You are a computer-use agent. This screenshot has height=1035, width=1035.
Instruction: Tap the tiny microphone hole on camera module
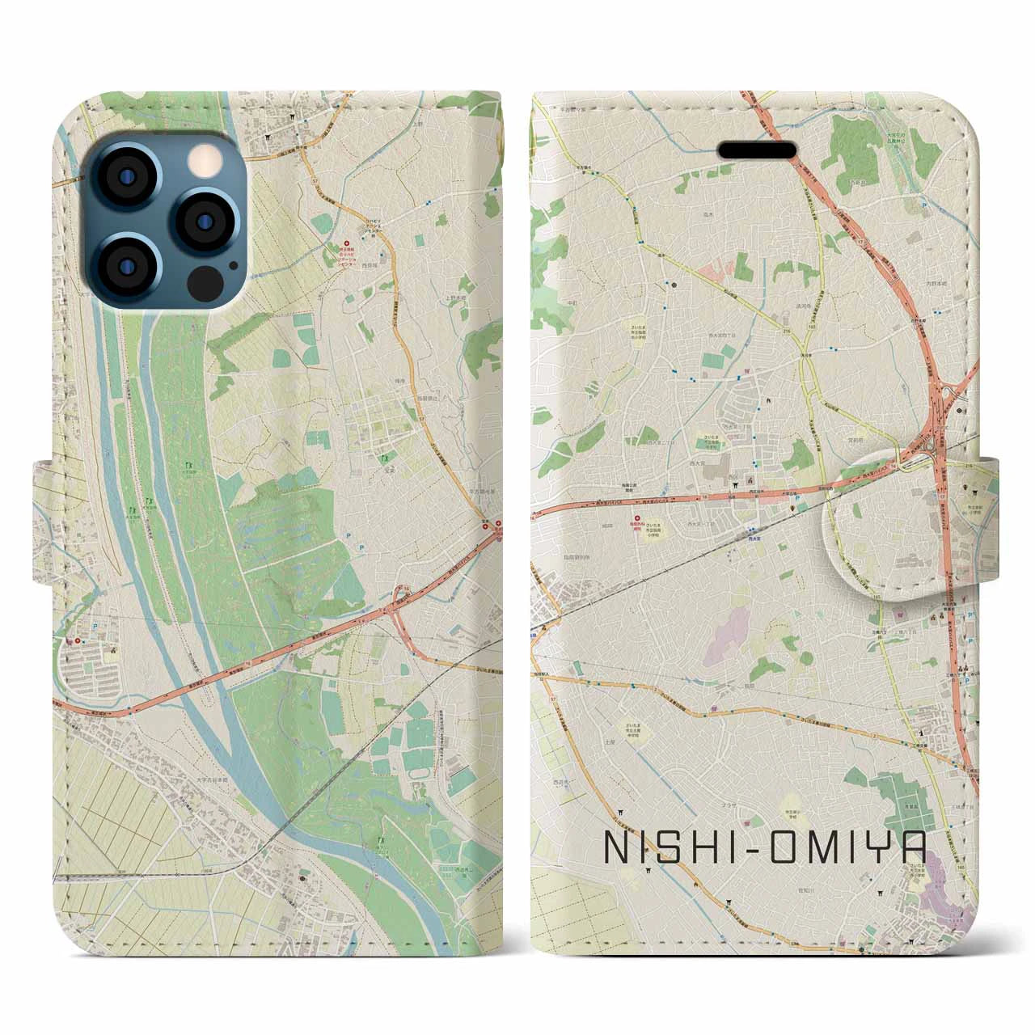point(233,264)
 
